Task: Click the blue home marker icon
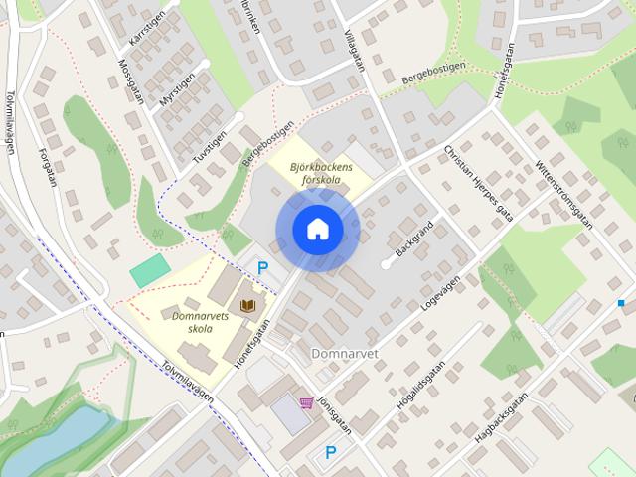(x=317, y=230)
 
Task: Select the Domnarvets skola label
(x=194, y=322)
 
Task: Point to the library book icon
(x=248, y=302)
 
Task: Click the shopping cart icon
(x=306, y=403)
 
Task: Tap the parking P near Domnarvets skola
(x=263, y=267)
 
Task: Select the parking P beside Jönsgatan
(x=331, y=452)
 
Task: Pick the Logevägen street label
(x=443, y=289)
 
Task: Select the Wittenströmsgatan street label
(x=563, y=193)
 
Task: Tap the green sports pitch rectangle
(x=150, y=269)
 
